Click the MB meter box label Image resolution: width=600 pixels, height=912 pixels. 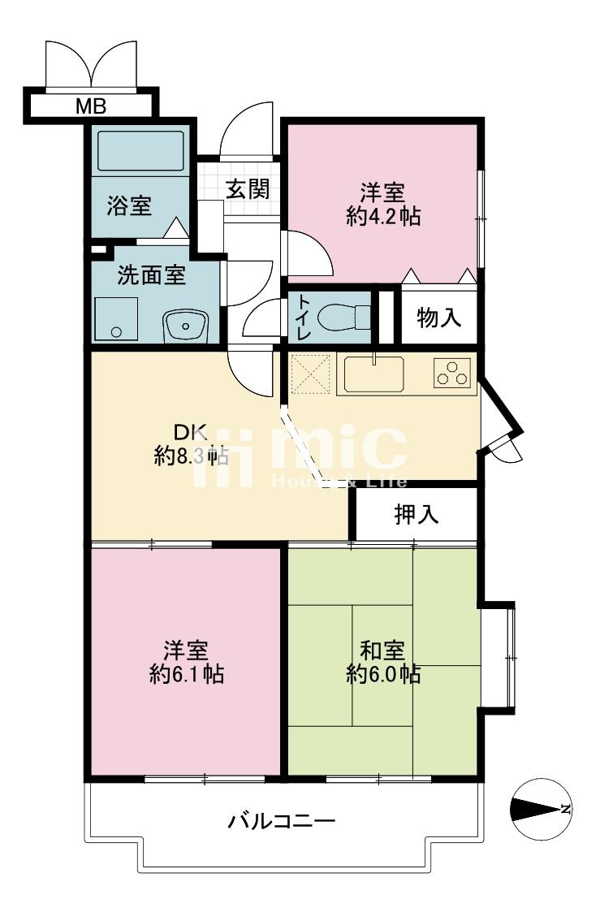[x=91, y=106]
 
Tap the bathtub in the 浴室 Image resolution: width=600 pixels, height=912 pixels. [x=140, y=150]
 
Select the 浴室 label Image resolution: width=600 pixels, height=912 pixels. [x=129, y=205]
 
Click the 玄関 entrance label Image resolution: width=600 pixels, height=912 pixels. [x=248, y=188]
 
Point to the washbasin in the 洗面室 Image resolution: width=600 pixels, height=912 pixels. [x=186, y=326]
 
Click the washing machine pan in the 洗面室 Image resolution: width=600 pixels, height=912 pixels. [x=116, y=318]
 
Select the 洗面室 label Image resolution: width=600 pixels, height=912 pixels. [x=152, y=274]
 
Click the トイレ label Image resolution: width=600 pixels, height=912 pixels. [x=304, y=318]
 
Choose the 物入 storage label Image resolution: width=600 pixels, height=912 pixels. [x=439, y=318]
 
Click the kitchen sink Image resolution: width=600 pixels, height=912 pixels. [x=373, y=374]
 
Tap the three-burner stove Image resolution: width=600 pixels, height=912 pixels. [x=451, y=373]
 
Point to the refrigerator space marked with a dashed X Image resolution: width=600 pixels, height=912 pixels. [x=310, y=374]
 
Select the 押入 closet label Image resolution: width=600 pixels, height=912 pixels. [x=417, y=514]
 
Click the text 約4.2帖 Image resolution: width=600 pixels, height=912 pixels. [x=383, y=217]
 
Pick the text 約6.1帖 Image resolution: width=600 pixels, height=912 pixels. [x=186, y=675]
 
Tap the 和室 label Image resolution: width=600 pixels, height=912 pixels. [x=382, y=651]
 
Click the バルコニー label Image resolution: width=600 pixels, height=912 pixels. [x=282, y=822]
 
